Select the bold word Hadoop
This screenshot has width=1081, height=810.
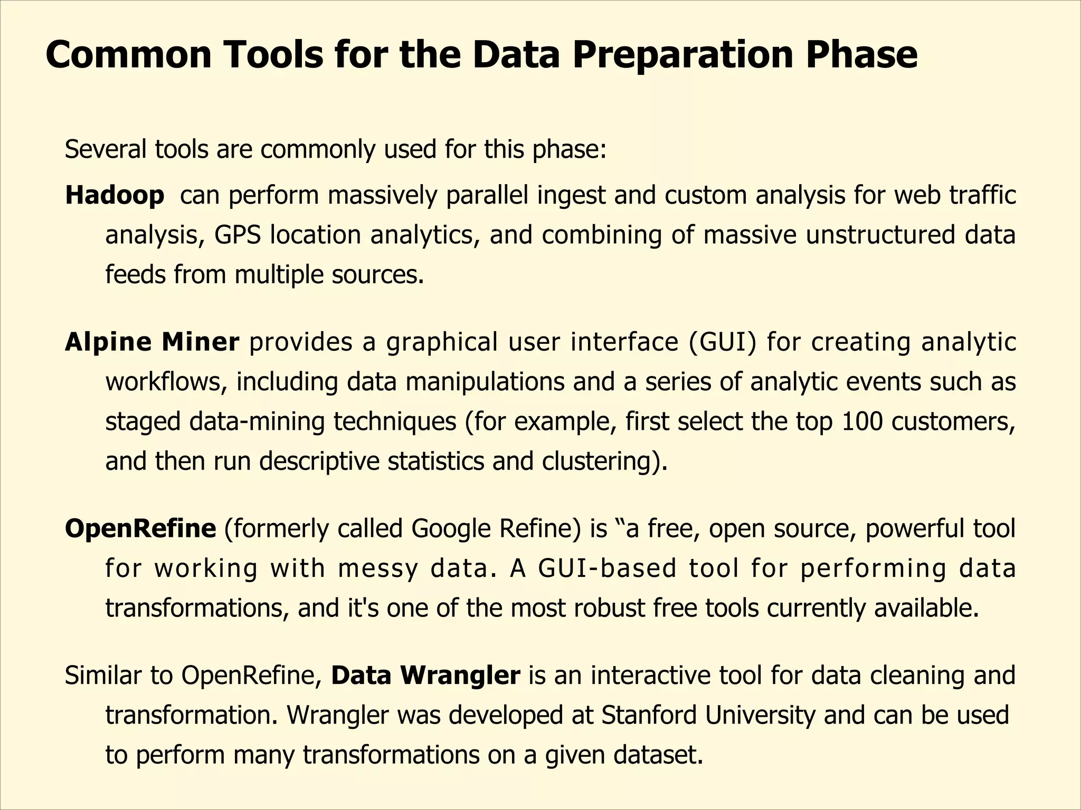(115, 195)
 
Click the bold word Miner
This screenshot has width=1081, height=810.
(200, 342)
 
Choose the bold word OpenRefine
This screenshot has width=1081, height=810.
(140, 528)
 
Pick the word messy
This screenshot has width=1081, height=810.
(378, 568)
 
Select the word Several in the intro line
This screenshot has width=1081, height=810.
(106, 150)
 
